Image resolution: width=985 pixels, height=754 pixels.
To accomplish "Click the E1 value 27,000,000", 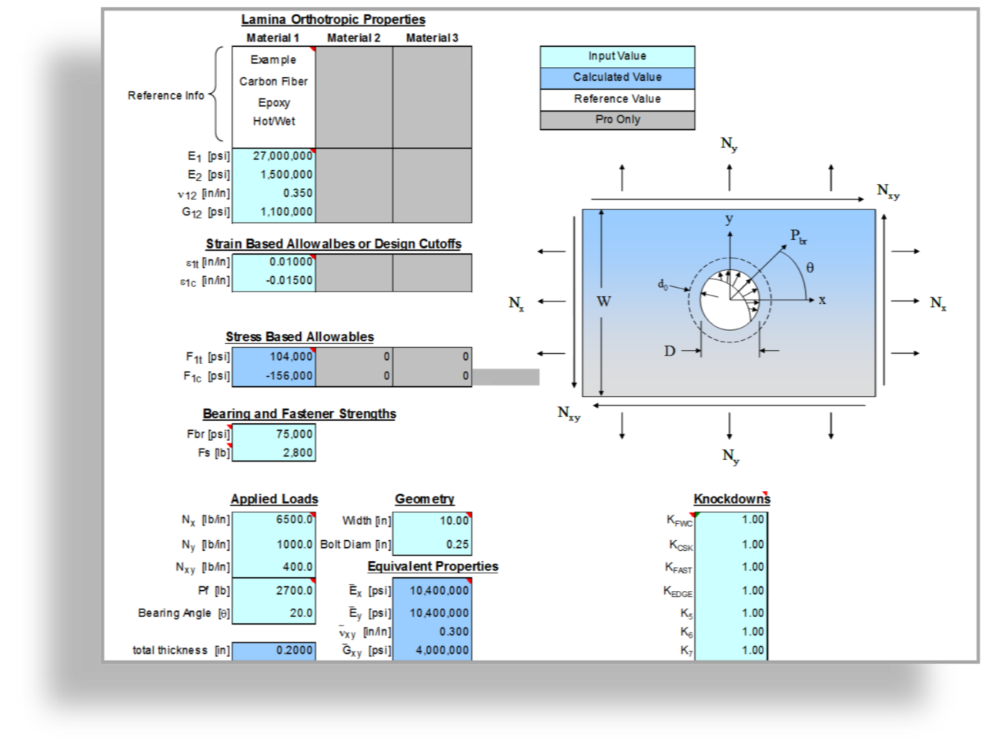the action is [282, 156].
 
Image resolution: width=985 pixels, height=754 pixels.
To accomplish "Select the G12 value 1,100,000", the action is [286, 212].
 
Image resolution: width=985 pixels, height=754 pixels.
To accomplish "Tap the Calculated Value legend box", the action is [617, 78].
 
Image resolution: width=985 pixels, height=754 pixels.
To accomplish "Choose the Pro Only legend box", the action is [617, 119].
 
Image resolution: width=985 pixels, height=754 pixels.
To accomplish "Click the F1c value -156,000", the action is [289, 375].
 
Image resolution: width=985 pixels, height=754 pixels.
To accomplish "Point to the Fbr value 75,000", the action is [294, 434].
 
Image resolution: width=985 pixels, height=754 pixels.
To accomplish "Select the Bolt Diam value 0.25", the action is [457, 544].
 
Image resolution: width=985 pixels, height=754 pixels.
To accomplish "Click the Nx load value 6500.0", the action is [294, 519].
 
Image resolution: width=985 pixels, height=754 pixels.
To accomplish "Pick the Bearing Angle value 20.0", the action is [301, 613].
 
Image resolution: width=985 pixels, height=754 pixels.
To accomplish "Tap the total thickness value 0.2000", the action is [294, 650].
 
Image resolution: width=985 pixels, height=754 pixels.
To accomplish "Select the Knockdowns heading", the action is [732, 499].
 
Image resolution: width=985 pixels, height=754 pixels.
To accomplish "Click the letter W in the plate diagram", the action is [603, 302].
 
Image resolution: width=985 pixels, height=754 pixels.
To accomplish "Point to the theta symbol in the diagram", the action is [810, 268].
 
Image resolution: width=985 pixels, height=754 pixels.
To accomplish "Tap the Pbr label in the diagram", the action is [798, 236].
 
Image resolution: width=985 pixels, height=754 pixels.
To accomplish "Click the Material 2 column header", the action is [353, 38].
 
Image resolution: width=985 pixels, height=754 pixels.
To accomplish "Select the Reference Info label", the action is [166, 95].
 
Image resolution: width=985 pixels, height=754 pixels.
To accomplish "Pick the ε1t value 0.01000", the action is [291, 262].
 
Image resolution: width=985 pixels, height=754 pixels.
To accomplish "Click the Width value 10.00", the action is [454, 521].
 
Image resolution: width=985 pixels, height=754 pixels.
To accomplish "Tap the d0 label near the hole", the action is [663, 285].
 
